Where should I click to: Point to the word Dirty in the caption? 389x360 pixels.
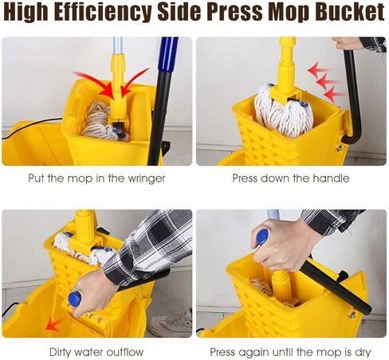coord(65,351)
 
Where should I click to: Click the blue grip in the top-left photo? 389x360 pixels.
coord(169,56)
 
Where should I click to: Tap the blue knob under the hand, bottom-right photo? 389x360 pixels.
coord(262,237)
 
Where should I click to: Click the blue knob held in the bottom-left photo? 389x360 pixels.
coord(74,299)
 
